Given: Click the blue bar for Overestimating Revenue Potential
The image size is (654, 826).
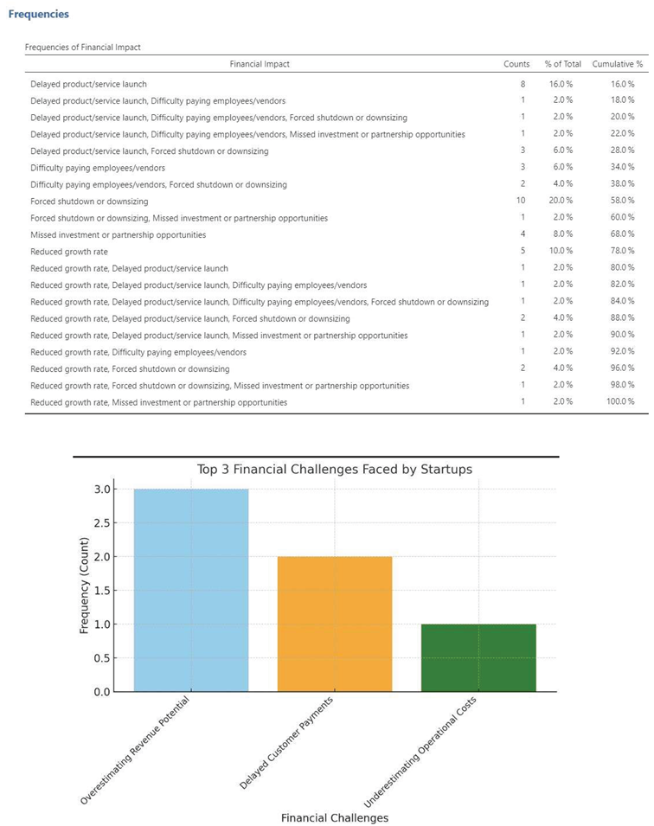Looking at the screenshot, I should pos(191,590).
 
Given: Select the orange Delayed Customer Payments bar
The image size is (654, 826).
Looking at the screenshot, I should pos(335,624).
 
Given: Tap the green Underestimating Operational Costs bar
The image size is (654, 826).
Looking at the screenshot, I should pos(478,657).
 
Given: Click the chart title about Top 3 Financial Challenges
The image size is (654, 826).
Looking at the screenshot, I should pos(335,470).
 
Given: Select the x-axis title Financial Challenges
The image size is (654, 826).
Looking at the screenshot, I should pos(335,817).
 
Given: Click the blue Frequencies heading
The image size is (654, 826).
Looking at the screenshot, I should pos(38,15).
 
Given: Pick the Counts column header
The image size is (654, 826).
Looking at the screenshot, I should pos(516,64).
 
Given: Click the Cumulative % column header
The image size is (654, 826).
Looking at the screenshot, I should pos(618,64).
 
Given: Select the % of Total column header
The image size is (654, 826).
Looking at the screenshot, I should pos(563,64).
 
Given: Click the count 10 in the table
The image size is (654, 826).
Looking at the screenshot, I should pos(521,201).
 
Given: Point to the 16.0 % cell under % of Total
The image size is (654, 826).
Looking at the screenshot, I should pos(563,84).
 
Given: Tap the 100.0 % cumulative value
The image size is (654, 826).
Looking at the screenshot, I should pos(619,402).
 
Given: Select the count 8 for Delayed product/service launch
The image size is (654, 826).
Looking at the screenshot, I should pos(522,84).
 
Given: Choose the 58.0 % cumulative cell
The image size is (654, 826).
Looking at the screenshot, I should pos(622,201).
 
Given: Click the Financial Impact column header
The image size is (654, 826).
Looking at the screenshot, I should pos(260,64).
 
